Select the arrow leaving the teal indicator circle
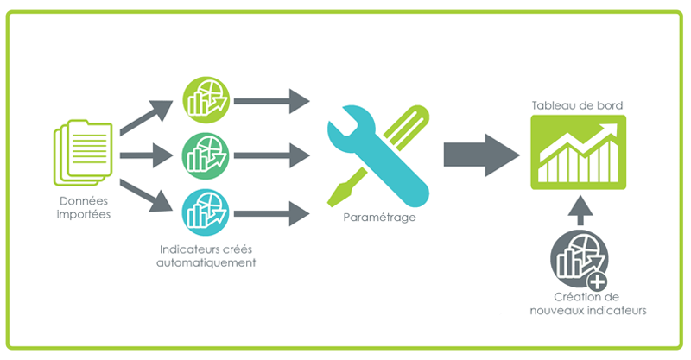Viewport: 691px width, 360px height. coord(271,211)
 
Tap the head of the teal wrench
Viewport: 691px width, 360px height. coord(345,129)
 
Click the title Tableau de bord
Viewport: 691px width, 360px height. coord(577,106)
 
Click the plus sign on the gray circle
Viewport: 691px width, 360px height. coord(596,281)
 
